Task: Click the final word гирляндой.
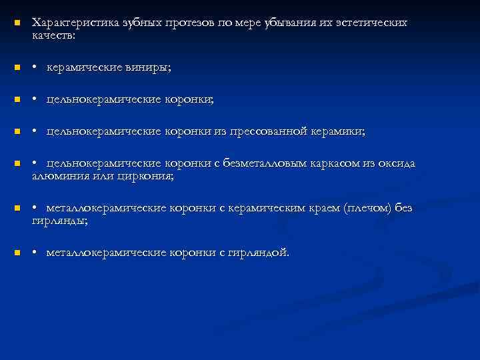[x=259, y=253]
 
